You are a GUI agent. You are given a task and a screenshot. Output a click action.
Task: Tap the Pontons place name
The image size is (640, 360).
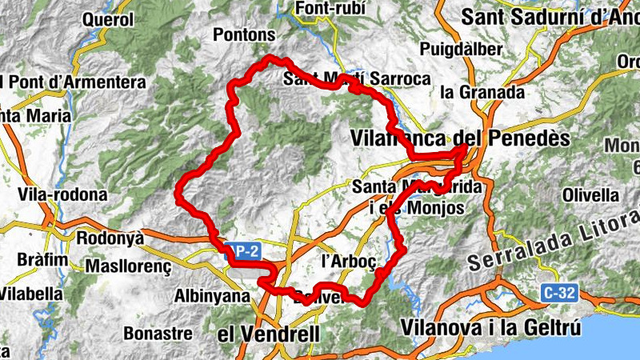(x=244, y=35)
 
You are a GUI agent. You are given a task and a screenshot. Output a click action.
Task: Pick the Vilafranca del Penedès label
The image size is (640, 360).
(x=460, y=138)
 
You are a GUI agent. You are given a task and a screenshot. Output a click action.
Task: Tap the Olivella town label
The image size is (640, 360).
(x=591, y=194)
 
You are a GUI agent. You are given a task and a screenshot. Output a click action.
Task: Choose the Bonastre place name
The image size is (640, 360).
(x=158, y=332)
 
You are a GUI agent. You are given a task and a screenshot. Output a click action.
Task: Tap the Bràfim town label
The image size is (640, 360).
(x=39, y=261)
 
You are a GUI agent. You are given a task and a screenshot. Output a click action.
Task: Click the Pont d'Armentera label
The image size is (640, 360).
(x=76, y=82)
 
